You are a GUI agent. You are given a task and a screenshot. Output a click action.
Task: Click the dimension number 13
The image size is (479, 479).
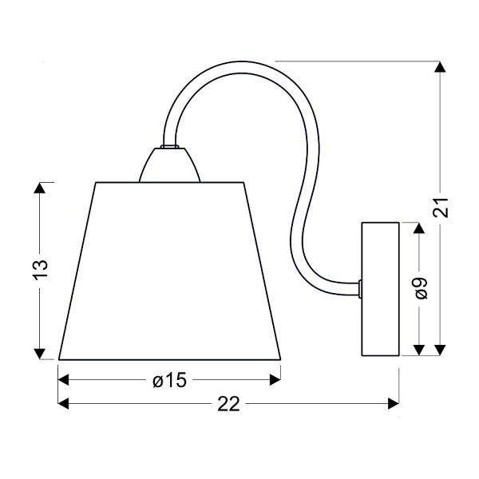[41, 270]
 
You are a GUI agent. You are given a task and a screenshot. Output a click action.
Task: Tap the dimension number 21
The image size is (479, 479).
[440, 208]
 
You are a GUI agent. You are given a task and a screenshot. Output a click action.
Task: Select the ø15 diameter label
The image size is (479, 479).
[169, 380]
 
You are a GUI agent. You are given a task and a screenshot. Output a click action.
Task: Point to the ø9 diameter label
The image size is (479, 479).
[422, 288]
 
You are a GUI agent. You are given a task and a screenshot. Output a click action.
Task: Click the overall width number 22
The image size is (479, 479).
[228, 404]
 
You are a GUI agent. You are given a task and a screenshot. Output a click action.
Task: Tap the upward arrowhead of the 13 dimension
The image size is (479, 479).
[40, 188]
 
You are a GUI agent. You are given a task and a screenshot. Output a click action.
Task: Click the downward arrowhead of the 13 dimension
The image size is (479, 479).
[40, 354]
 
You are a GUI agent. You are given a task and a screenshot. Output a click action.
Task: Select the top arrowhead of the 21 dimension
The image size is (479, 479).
[440, 67]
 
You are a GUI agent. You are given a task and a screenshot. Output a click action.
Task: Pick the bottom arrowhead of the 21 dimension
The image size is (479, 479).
[440, 350]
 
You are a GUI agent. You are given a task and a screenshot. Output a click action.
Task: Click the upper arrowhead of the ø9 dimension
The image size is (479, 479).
[419, 228]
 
